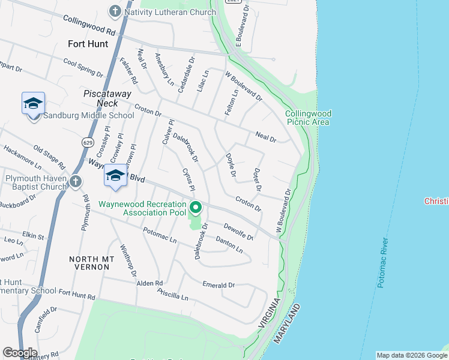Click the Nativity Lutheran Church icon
coord(115,11)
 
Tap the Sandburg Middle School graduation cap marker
coord(33,103)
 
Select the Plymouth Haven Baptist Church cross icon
coord(76,181)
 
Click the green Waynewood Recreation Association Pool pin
coord(196,209)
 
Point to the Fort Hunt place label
coord(88,44)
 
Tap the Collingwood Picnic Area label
coord(308,118)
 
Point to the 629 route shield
coord(88,143)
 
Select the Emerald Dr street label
coord(218,285)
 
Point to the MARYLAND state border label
coord(287,324)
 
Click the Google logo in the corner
coord(19,352)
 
